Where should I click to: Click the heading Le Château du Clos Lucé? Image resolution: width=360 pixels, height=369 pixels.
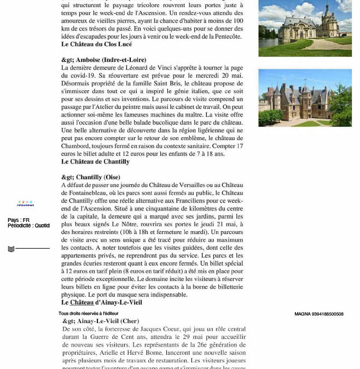tap(96, 44)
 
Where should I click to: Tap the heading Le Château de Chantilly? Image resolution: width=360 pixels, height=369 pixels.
tap(95, 162)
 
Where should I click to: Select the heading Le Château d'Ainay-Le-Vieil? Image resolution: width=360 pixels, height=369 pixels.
tap(101, 302)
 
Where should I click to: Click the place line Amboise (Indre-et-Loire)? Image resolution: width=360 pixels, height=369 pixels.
tap(103, 60)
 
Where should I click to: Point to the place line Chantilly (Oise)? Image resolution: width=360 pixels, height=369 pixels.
tap(91, 178)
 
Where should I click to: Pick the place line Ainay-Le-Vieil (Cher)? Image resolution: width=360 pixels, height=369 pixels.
tap(101, 321)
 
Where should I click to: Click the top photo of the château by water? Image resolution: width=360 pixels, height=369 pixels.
tap(305, 28)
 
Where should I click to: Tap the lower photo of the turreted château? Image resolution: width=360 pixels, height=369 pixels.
tap(305, 98)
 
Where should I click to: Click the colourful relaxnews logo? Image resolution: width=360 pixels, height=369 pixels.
tap(25, 204)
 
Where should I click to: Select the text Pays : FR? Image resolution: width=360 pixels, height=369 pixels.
tap(19, 220)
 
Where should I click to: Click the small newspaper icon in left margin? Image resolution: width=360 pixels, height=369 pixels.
tap(11, 249)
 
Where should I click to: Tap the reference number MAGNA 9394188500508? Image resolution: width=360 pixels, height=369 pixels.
tap(319, 314)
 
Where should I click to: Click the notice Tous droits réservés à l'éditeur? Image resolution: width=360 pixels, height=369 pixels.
tap(89, 314)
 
